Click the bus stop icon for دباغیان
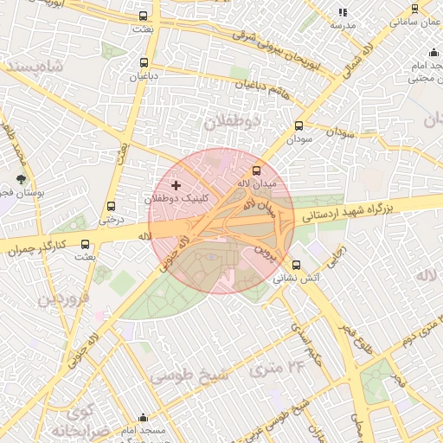pos(144,62)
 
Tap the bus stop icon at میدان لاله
pos(256,170)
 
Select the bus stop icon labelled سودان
pos(299,125)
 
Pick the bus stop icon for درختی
pos(111,206)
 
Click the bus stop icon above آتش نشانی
pos(297,266)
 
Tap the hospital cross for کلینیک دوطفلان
pos(177,185)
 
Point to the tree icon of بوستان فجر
pos(18,157)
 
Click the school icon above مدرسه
pos(343,13)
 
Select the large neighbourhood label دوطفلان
pos(232,121)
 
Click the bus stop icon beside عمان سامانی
pos(414,10)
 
